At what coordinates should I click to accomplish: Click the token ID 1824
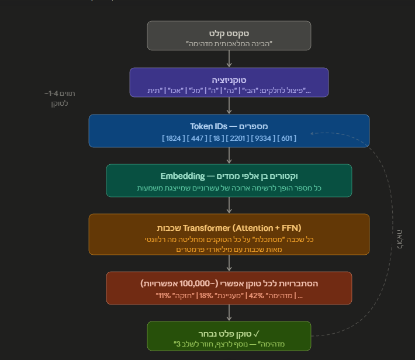[x=174, y=138]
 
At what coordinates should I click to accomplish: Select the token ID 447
[x=197, y=138]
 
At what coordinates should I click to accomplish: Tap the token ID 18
[x=216, y=138]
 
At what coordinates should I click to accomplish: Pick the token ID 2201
[x=237, y=138]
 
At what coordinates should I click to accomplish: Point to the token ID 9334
[x=263, y=138]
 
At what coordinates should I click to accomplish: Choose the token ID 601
[x=286, y=138]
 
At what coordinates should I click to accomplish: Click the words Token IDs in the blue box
[x=209, y=127]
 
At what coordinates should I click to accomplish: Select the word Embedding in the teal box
[x=182, y=176]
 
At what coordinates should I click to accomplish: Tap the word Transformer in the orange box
[x=206, y=228]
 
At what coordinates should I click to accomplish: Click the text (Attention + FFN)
[x=267, y=228]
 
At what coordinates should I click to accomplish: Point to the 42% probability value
[x=257, y=295]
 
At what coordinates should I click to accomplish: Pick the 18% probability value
[x=206, y=295]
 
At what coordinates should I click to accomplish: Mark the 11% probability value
[x=165, y=295]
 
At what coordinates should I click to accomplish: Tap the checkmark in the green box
[x=256, y=334]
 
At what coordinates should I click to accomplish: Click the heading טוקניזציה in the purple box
[x=229, y=80]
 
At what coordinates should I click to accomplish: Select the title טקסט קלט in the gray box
[x=229, y=33]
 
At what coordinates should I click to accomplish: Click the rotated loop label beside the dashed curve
[x=400, y=239]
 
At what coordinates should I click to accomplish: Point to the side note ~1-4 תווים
[x=60, y=94]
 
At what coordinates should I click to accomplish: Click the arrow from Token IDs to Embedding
[x=229, y=155]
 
